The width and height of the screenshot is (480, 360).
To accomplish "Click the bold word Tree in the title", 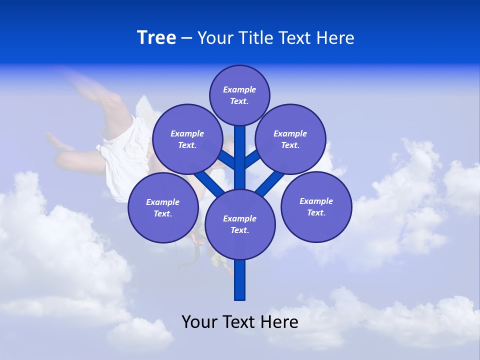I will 156,37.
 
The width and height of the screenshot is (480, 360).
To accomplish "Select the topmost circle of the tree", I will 239,95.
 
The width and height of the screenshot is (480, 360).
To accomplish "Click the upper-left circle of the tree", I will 187,139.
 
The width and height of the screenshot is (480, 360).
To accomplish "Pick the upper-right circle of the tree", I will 290,139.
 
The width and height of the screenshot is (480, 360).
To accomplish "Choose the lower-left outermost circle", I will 163,207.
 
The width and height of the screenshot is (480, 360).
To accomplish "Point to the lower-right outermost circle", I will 316,206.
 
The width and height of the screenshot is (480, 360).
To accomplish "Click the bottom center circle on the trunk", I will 240,224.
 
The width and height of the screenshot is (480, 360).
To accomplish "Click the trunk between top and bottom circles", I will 240,160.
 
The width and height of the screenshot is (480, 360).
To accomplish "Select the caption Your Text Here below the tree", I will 240,321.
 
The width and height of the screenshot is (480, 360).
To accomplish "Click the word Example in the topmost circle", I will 239,89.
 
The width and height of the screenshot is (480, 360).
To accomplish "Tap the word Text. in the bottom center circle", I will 240,230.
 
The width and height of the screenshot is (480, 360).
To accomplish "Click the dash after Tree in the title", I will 186,38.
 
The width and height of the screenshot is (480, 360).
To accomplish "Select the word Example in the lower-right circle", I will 316,201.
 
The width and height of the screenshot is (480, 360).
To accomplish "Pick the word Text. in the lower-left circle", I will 163,213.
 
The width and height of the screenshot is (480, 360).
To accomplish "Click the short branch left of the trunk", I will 226,159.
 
